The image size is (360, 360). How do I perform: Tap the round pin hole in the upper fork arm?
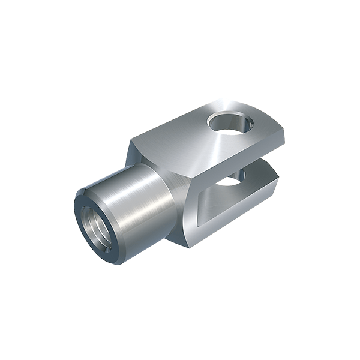(230, 123)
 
